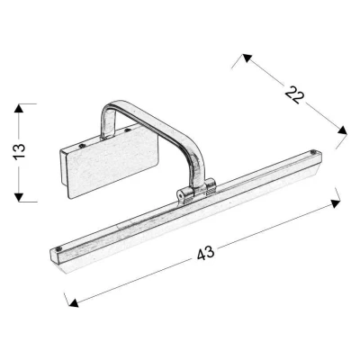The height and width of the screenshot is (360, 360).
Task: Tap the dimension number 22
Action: pos(294,94)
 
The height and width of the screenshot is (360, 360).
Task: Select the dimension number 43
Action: pos(206,253)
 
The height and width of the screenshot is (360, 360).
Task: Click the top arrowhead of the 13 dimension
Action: pos(19,108)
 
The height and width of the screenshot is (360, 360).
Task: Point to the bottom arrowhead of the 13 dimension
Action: pos(19,197)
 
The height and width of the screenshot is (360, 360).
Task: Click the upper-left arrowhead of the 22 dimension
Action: pos(247,58)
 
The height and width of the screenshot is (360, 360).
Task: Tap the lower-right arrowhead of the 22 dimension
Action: pos(342,130)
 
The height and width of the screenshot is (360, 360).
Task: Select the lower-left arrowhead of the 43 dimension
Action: pos(73,302)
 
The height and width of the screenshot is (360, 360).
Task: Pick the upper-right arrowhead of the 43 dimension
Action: pos(336,203)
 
